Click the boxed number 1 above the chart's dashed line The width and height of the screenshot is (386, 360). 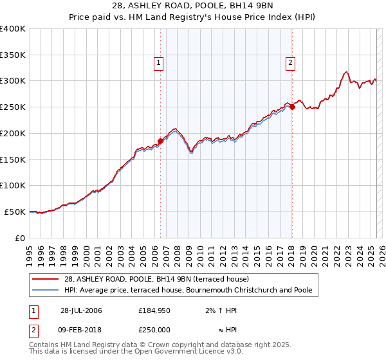(x=158, y=63)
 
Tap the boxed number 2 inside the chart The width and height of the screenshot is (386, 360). (x=291, y=63)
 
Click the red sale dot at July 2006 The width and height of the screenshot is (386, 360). (x=160, y=141)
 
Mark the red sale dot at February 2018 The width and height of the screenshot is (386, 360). (x=291, y=107)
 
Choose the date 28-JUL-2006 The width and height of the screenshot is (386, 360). (x=80, y=310)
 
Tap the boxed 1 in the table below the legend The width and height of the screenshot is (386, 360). (x=34, y=310)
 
